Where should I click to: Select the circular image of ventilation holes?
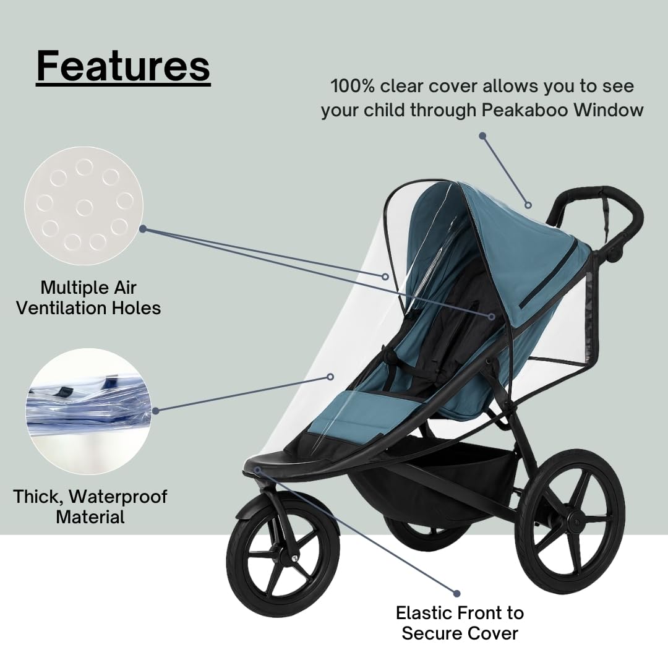point(83,206)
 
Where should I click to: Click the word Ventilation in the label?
point(69,307)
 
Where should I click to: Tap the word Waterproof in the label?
point(118,496)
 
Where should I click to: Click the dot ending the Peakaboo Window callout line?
point(482,135)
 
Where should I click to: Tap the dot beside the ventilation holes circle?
point(143,228)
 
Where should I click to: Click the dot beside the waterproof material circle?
point(156,409)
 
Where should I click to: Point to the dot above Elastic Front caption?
point(457,593)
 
